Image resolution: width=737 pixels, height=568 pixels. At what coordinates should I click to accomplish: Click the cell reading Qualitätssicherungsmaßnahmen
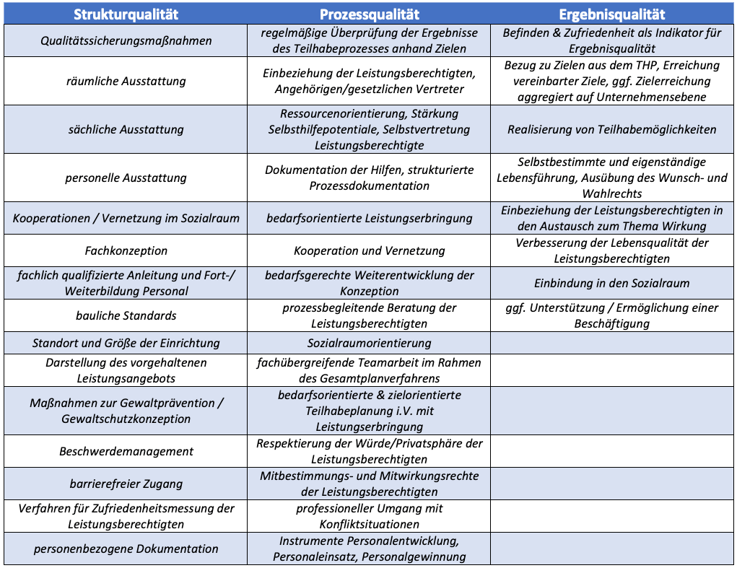click(126, 40)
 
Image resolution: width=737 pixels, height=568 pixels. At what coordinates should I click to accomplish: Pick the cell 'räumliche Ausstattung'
click(126, 81)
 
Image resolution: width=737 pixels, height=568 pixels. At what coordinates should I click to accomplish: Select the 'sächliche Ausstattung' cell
click(126, 129)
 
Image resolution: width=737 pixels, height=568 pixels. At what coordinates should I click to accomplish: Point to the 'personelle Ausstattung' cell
click(126, 178)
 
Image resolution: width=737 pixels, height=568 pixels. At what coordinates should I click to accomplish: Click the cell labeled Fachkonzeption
click(126, 250)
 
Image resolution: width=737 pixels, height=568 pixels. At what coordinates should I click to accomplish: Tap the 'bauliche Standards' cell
click(126, 315)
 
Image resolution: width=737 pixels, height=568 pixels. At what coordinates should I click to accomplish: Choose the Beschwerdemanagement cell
click(126, 451)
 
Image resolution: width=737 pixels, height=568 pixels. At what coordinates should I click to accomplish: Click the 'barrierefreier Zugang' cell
click(126, 484)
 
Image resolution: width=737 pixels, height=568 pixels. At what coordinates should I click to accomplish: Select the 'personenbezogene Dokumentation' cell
click(126, 549)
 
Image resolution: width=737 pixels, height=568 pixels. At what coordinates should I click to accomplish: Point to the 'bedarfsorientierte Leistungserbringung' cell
click(369, 218)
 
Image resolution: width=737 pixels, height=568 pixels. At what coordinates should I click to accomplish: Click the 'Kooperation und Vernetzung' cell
click(369, 250)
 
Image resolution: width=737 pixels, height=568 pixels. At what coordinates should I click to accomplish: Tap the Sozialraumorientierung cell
click(369, 343)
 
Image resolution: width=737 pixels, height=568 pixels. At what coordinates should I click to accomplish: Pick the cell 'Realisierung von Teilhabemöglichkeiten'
click(611, 129)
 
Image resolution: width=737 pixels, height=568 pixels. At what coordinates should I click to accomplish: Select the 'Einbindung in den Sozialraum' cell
click(611, 283)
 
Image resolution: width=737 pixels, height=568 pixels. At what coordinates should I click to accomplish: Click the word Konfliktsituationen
click(369, 524)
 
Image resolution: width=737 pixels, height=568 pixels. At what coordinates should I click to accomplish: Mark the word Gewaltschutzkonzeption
click(126, 419)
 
